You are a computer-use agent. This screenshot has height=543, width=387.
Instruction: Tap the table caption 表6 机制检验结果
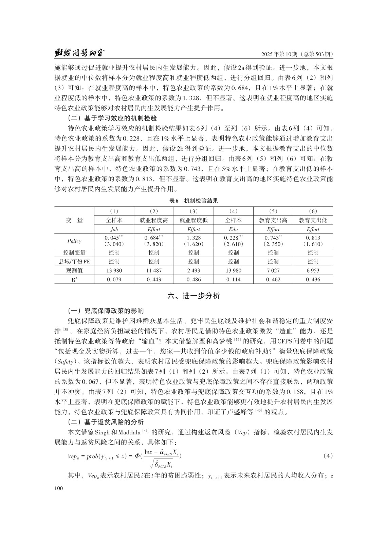(x=193, y=201)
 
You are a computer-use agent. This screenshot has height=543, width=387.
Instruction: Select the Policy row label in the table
(x=74, y=241)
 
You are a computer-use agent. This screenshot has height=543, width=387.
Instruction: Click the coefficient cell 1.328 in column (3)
(x=193, y=238)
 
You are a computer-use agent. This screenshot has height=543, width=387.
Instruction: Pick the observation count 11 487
(x=154, y=271)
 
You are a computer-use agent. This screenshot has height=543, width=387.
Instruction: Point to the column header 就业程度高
(x=154, y=220)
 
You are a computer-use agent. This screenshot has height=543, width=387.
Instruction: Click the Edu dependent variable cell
(x=233, y=229)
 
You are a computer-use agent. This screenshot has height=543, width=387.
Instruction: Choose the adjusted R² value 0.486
(x=193, y=280)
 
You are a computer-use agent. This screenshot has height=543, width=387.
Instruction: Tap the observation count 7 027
(x=273, y=271)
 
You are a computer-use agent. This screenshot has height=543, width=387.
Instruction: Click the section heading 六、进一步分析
(x=193, y=296)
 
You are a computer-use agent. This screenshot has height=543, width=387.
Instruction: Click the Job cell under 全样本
(x=114, y=229)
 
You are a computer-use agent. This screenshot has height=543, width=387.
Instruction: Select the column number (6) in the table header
(x=313, y=211)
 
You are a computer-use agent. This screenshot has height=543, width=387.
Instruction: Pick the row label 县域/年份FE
(x=74, y=262)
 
